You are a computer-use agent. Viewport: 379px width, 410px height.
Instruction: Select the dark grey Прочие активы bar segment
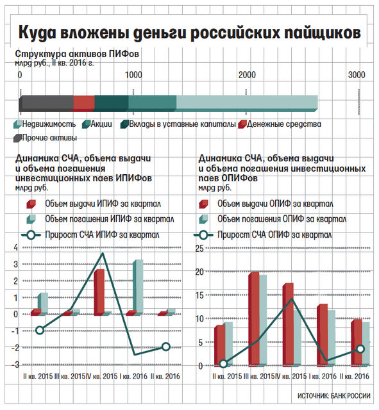click(46, 103)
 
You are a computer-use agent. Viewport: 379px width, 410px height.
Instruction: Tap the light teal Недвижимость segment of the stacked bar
click(247, 102)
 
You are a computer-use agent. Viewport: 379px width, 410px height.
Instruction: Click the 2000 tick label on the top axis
click(247, 75)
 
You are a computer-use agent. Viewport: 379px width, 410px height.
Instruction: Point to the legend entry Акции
click(97, 124)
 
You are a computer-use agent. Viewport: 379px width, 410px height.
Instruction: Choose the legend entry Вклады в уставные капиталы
click(178, 124)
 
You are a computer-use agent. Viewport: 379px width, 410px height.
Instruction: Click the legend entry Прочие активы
click(46, 138)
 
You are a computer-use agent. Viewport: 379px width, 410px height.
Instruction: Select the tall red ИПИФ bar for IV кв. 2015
click(99, 292)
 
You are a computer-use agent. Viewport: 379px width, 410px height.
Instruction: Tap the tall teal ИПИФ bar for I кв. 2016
click(138, 287)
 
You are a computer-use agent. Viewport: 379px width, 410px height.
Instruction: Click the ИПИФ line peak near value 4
click(103, 253)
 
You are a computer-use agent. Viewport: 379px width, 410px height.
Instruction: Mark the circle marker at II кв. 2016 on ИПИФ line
click(166, 347)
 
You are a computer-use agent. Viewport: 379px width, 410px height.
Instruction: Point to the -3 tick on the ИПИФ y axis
click(15, 365)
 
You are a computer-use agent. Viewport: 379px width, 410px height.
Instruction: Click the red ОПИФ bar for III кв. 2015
click(253, 319)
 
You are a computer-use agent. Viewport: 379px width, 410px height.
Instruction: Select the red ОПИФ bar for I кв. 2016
click(322, 335)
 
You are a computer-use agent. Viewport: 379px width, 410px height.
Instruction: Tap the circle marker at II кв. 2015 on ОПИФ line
click(223, 364)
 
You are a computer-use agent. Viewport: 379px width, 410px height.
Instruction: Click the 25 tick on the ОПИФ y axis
click(199, 249)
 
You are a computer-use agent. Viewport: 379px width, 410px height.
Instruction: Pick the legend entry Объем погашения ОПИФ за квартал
click(273, 219)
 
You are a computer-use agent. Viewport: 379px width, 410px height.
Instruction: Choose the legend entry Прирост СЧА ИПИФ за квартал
click(90, 235)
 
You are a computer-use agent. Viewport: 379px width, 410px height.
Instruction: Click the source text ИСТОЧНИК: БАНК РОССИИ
click(333, 396)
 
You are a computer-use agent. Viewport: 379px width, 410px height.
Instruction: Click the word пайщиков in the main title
click(323, 33)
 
